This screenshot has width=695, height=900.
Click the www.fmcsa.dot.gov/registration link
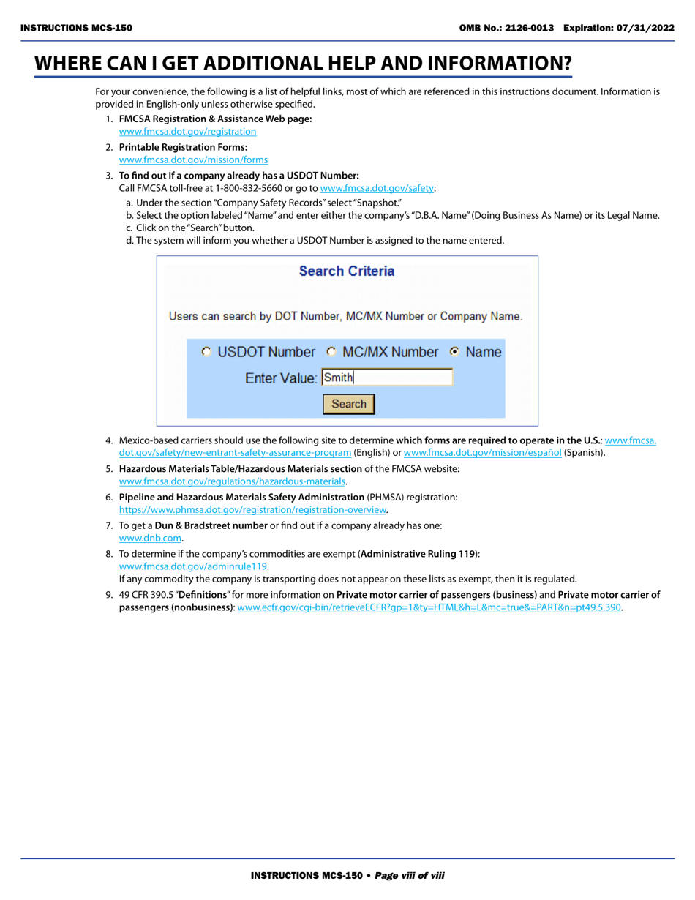click(x=187, y=132)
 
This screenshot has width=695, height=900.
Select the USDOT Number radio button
click(x=207, y=352)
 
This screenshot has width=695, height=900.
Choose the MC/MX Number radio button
click(x=331, y=352)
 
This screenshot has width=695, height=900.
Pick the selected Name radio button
click(x=455, y=352)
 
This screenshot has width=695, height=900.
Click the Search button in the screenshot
click(x=349, y=404)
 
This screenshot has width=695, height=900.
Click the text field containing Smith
click(x=387, y=378)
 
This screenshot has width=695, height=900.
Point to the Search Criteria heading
click(x=347, y=271)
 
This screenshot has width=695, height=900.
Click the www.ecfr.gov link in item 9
click(x=429, y=608)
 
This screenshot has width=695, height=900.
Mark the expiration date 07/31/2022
click(x=649, y=28)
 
